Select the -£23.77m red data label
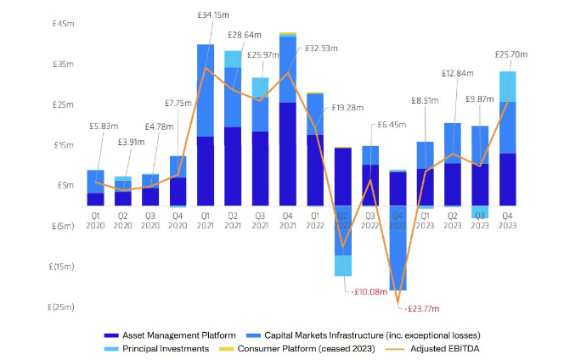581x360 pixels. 421,309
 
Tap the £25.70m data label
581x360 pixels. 511,54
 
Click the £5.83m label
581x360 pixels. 103,127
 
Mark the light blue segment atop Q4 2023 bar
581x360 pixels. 508,86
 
